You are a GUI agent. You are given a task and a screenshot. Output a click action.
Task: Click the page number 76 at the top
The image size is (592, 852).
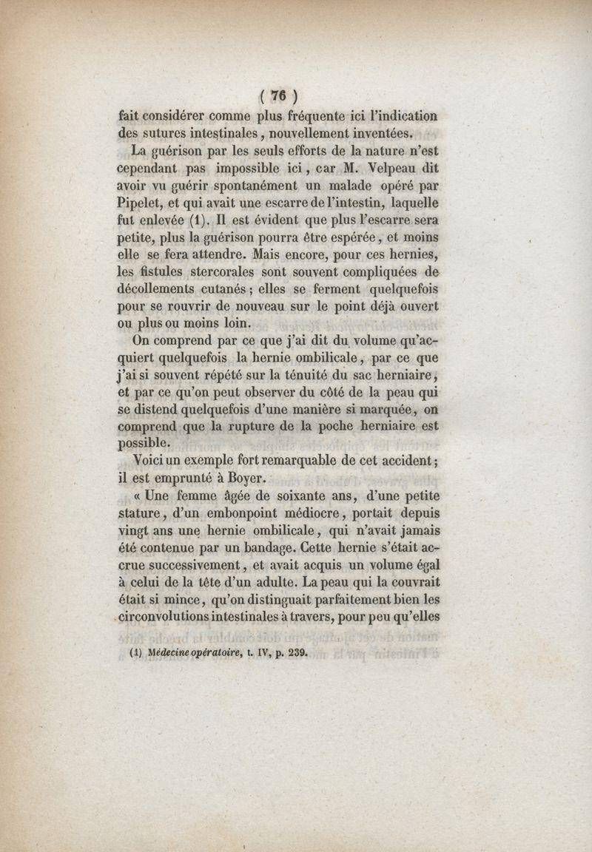pos(278,95)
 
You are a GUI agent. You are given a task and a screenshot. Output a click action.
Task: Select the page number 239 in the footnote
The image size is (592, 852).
pos(293,653)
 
